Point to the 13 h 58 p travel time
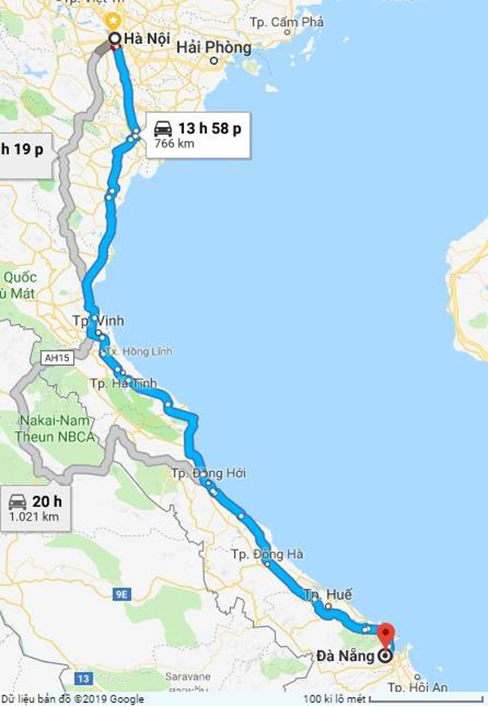point(210,128)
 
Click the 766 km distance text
point(173,144)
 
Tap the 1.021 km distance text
point(35,516)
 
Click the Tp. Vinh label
point(98,321)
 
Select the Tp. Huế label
point(329,595)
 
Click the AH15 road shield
point(54,356)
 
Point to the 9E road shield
point(123,595)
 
